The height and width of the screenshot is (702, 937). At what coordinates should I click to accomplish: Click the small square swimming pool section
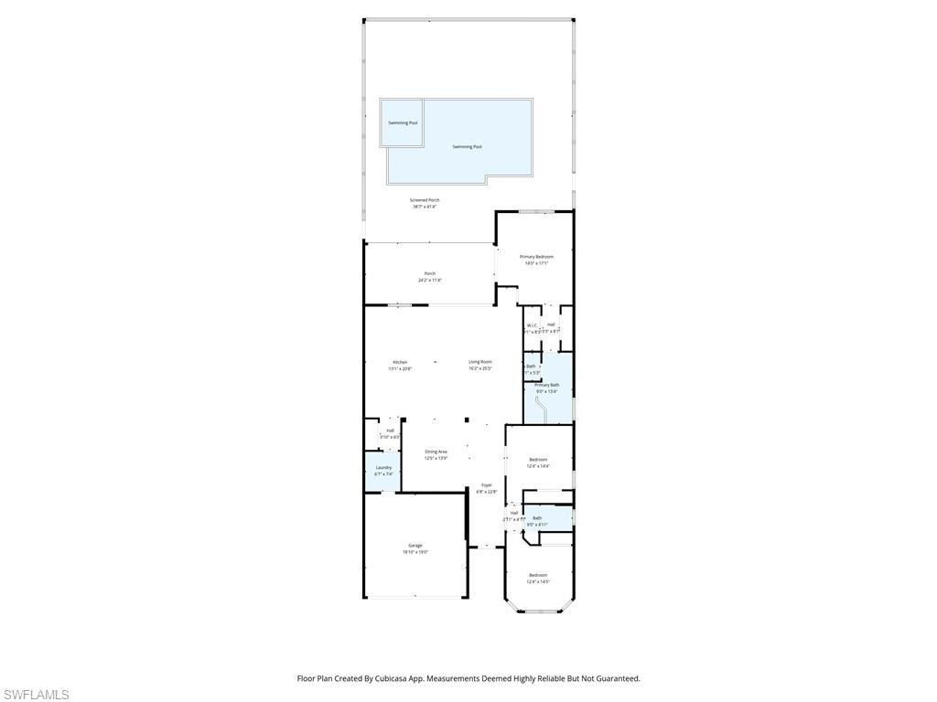coord(402,122)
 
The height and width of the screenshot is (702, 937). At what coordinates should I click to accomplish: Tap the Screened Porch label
coord(425,200)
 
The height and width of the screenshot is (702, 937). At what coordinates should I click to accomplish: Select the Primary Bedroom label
coord(536,257)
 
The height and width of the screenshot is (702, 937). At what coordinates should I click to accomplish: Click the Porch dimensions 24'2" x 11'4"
coord(430,281)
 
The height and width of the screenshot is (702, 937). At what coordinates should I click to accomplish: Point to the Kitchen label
coord(400,362)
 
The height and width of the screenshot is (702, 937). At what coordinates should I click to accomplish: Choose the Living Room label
coord(480,362)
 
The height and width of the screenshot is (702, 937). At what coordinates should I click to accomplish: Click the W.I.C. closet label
coord(532,324)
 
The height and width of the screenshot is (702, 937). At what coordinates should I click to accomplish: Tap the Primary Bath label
coord(547,385)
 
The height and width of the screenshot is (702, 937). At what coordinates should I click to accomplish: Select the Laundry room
coord(383,471)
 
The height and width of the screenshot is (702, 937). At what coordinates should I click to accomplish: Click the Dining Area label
coord(436,452)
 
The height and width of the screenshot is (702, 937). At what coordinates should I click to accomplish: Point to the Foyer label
coord(487,485)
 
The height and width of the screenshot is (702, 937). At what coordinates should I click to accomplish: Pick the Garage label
coord(415,546)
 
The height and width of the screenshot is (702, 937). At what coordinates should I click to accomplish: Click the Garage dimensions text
coord(415,552)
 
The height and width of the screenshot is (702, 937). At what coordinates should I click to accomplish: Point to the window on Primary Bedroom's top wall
coord(536,211)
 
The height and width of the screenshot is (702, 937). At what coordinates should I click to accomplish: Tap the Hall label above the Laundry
coord(390,431)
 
